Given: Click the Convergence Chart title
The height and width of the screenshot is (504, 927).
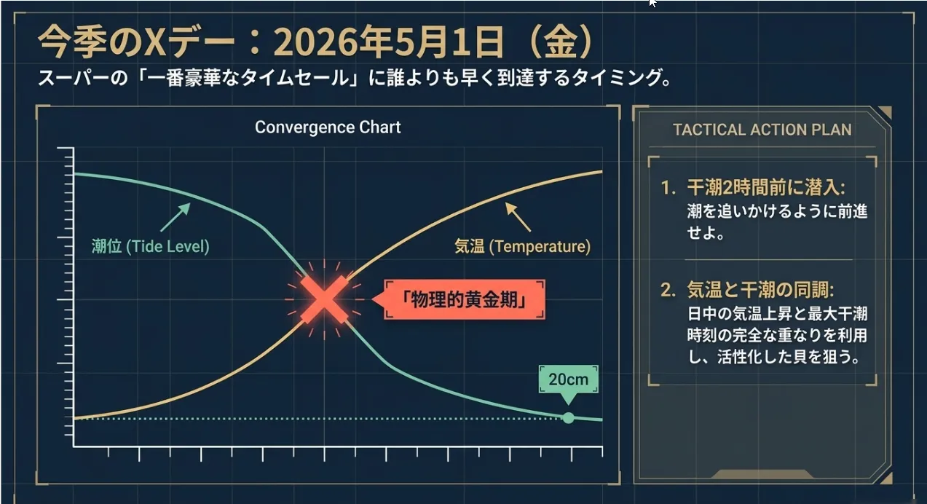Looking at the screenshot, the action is pyautogui.click(x=328, y=127).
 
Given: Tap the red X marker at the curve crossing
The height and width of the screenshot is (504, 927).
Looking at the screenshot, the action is pyautogui.click(x=324, y=299).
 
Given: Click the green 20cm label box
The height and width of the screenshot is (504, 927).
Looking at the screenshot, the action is pyautogui.click(x=568, y=379).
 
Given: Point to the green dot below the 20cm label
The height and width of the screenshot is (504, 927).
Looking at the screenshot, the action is pyautogui.click(x=568, y=418).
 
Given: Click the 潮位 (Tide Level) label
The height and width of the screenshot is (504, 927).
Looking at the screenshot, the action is pyautogui.click(x=150, y=247).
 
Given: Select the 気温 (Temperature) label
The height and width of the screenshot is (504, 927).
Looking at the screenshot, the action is pyautogui.click(x=522, y=247).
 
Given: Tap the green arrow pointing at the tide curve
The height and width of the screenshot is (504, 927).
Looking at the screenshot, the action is pyautogui.click(x=175, y=217).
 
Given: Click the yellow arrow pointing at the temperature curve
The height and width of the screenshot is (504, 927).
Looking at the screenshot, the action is pyautogui.click(x=518, y=217).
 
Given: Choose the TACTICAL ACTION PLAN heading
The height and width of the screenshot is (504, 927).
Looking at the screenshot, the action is pyautogui.click(x=762, y=130).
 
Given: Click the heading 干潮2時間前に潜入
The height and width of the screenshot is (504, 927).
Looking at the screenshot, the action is pyautogui.click(x=766, y=188).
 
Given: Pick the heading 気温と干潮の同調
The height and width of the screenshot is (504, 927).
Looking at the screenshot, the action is pyautogui.click(x=761, y=290).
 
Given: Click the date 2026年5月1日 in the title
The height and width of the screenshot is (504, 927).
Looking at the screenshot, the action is pyautogui.click(x=389, y=42).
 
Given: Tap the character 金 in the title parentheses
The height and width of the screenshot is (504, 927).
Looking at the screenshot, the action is pyautogui.click(x=561, y=42).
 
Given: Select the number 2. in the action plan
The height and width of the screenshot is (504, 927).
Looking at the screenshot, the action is pyautogui.click(x=668, y=290).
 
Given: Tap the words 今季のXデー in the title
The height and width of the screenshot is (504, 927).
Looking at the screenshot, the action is pyautogui.click(x=137, y=42).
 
